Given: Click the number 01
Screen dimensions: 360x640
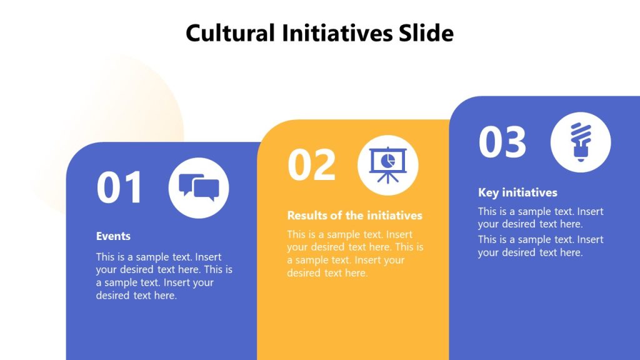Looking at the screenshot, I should pyautogui.click(x=120, y=188).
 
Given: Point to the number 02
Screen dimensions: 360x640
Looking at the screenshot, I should pyautogui.click(x=311, y=165).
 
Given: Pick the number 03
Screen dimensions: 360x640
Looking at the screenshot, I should pyautogui.click(x=502, y=142).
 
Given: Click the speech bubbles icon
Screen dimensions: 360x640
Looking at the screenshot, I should pyautogui.click(x=199, y=187).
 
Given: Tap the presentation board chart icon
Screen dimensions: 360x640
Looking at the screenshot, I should pyautogui.click(x=387, y=165).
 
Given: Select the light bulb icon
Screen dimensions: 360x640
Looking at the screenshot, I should pyautogui.click(x=581, y=142).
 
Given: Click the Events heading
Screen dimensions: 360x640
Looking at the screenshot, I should pyautogui.click(x=113, y=236).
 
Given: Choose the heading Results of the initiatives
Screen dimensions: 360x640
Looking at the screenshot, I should pyautogui.click(x=354, y=216).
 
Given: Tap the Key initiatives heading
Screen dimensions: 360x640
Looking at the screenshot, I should pyautogui.click(x=517, y=192).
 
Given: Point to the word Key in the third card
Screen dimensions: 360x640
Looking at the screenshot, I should pyautogui.click(x=489, y=192).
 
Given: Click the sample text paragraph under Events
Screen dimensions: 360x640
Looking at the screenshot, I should pyautogui.click(x=164, y=276).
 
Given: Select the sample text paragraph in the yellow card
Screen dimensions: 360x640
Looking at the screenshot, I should pyautogui.click(x=355, y=253).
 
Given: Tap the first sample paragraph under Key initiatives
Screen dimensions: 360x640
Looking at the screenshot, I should pyautogui.click(x=541, y=217).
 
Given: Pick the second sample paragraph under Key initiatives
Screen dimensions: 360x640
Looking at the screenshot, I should pyautogui.click(x=541, y=246).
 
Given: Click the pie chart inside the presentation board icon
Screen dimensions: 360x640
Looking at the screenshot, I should pyautogui.click(x=388, y=160).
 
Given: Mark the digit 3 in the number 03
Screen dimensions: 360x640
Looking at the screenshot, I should pyautogui.click(x=515, y=142).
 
